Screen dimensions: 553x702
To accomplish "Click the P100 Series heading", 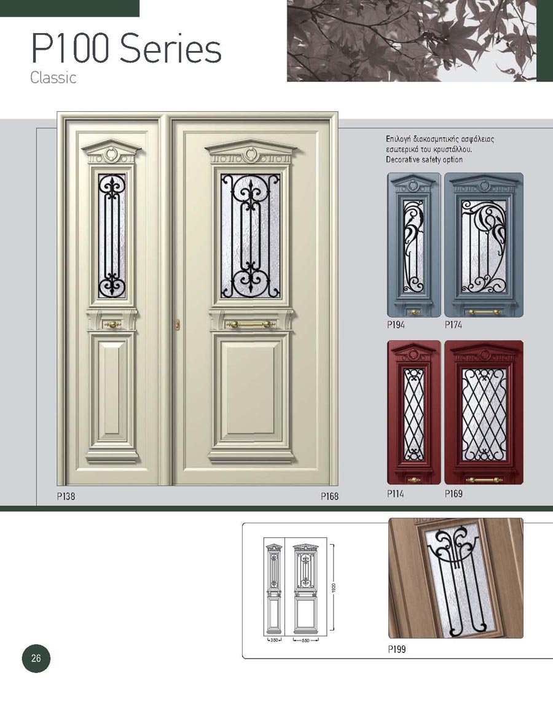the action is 126,49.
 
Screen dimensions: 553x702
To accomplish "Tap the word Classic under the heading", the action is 53,78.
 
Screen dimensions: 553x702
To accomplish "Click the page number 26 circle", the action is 36,658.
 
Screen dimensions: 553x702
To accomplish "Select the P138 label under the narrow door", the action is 66,496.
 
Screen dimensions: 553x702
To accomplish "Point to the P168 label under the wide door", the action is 329,496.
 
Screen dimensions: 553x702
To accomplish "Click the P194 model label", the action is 396,325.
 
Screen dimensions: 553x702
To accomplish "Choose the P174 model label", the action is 453,325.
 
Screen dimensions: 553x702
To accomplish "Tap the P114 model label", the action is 395,494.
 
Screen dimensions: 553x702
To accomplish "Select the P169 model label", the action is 453,494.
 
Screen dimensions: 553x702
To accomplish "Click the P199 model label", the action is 397,649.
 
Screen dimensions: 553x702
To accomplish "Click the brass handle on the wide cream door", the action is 250,324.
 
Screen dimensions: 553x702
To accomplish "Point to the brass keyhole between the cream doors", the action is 178,324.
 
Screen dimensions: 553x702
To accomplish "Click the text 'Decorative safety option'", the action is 424,160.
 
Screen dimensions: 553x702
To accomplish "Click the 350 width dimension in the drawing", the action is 273,640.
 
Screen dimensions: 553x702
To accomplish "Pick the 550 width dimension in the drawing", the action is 306,640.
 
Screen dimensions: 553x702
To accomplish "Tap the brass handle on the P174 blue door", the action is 483,311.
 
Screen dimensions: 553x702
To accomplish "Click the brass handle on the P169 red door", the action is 484,480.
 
